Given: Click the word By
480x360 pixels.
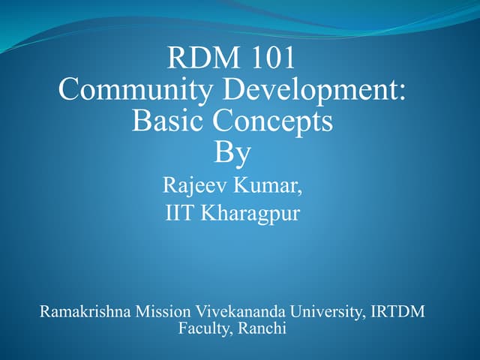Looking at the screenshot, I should pos(232,152).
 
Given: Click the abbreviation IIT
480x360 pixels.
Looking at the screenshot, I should pos(178,213).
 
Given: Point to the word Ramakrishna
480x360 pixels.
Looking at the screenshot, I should pos(84,311).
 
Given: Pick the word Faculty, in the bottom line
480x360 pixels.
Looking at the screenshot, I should pos(205,328).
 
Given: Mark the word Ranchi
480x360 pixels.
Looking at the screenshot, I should pos(262,327).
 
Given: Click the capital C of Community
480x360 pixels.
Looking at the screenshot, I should pos(69,90).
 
